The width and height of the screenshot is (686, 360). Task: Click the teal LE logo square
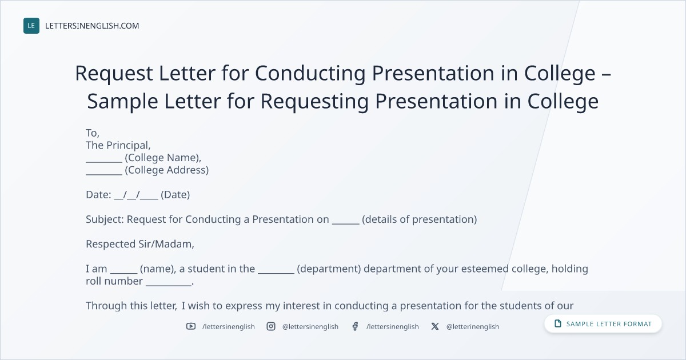[x=31, y=26]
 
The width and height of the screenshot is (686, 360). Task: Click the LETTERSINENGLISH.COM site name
[x=92, y=26]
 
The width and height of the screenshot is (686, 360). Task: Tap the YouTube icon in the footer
[x=191, y=326]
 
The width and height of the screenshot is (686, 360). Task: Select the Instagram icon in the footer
[x=271, y=326]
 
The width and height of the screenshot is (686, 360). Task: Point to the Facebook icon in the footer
[x=355, y=326]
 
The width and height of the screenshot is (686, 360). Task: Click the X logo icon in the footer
[x=435, y=326]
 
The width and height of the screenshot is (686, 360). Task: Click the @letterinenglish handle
[x=473, y=327]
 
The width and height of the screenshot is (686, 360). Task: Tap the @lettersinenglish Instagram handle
[x=310, y=327]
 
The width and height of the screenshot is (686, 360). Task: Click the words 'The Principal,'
[x=118, y=145]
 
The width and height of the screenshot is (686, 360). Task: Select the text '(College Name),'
[x=163, y=158]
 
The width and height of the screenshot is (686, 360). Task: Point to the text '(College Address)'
[x=166, y=170]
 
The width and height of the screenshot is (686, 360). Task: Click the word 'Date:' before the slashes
[x=98, y=195]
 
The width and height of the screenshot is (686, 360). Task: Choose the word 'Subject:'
[x=105, y=219]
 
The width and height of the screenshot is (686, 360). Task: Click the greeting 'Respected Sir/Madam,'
[x=140, y=244]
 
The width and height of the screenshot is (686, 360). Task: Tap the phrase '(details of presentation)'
[x=419, y=219]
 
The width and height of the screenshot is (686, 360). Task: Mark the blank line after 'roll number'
[x=169, y=285]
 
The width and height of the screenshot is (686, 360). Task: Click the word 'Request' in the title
[x=114, y=74]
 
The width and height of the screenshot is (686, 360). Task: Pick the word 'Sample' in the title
[x=122, y=101]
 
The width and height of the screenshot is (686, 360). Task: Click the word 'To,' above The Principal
[x=93, y=133]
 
